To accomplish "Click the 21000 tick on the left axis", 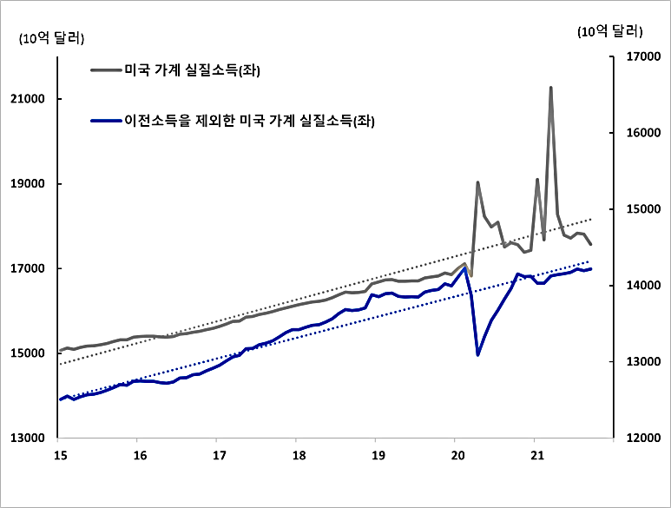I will coord(32,99).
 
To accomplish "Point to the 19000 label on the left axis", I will coord(32,184).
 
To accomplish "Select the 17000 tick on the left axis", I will coord(32,269).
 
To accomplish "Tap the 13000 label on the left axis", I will coord(32,439).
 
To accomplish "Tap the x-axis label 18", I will coord(297,455).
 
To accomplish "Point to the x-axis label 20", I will coord(457,455).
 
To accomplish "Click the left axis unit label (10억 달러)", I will coord(51,37).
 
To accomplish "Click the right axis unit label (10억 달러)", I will coord(609,31).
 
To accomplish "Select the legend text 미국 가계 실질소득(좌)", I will coord(193,70).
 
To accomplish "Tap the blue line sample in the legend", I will coord(105,121).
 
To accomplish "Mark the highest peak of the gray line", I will coord(550,88).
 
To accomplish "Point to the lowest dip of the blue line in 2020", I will coord(477,354).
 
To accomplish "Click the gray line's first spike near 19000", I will coord(477,182).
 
